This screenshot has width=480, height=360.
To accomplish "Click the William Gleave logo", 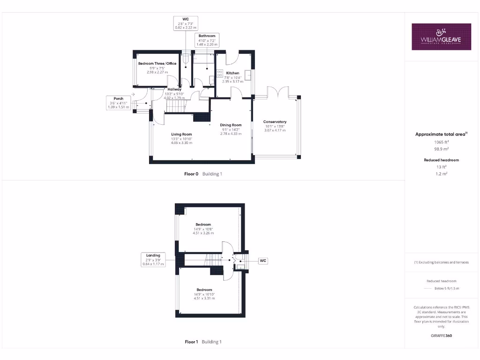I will (x=441, y=37).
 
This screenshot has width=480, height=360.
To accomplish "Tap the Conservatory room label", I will (x=275, y=122).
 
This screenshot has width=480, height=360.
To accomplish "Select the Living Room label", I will (x=181, y=134).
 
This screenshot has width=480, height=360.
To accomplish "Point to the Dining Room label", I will (x=231, y=125).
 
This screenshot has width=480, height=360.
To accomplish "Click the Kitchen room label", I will (x=232, y=73).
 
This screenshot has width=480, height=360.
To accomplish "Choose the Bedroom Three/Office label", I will (x=157, y=63).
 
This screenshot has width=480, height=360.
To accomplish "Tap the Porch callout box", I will (x=119, y=103).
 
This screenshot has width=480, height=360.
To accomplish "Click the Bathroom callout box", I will (x=207, y=40).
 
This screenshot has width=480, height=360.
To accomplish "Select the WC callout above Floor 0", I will (x=186, y=23).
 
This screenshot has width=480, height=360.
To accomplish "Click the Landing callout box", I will (x=153, y=260).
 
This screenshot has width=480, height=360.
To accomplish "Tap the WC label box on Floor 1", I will (x=263, y=260).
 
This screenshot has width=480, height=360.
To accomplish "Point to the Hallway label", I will (x=174, y=89).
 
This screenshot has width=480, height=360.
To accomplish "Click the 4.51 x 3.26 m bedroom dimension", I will (x=203, y=233).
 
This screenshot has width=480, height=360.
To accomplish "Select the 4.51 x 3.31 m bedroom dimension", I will (x=204, y=298).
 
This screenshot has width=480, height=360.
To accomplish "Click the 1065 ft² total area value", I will (x=441, y=142).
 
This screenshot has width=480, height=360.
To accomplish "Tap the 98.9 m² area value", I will (x=441, y=149).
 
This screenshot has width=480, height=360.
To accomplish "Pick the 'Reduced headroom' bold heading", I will (x=441, y=160).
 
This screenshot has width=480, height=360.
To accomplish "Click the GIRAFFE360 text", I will (x=441, y=336).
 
